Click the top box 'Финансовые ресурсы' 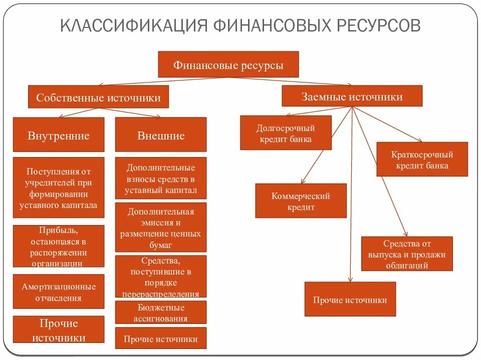[228, 65]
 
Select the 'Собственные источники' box [98, 97]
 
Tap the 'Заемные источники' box [352, 96]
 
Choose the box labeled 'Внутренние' [59, 135]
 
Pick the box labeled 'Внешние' [160, 135]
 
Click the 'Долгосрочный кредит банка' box [286, 133]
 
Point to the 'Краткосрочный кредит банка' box [422, 159]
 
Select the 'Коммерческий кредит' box [301, 201]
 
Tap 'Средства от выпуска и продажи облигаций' [407, 254]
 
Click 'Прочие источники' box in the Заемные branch [350, 299]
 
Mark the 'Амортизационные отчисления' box [59, 292]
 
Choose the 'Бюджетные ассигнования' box [160, 312]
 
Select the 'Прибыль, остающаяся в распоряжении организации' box [59, 246]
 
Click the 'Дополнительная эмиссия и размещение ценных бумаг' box [160, 227]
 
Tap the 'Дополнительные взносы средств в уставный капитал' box [160, 178]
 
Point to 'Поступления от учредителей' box [59, 187]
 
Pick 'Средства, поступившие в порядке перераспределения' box [160, 277]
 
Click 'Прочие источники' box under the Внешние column [160, 339]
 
